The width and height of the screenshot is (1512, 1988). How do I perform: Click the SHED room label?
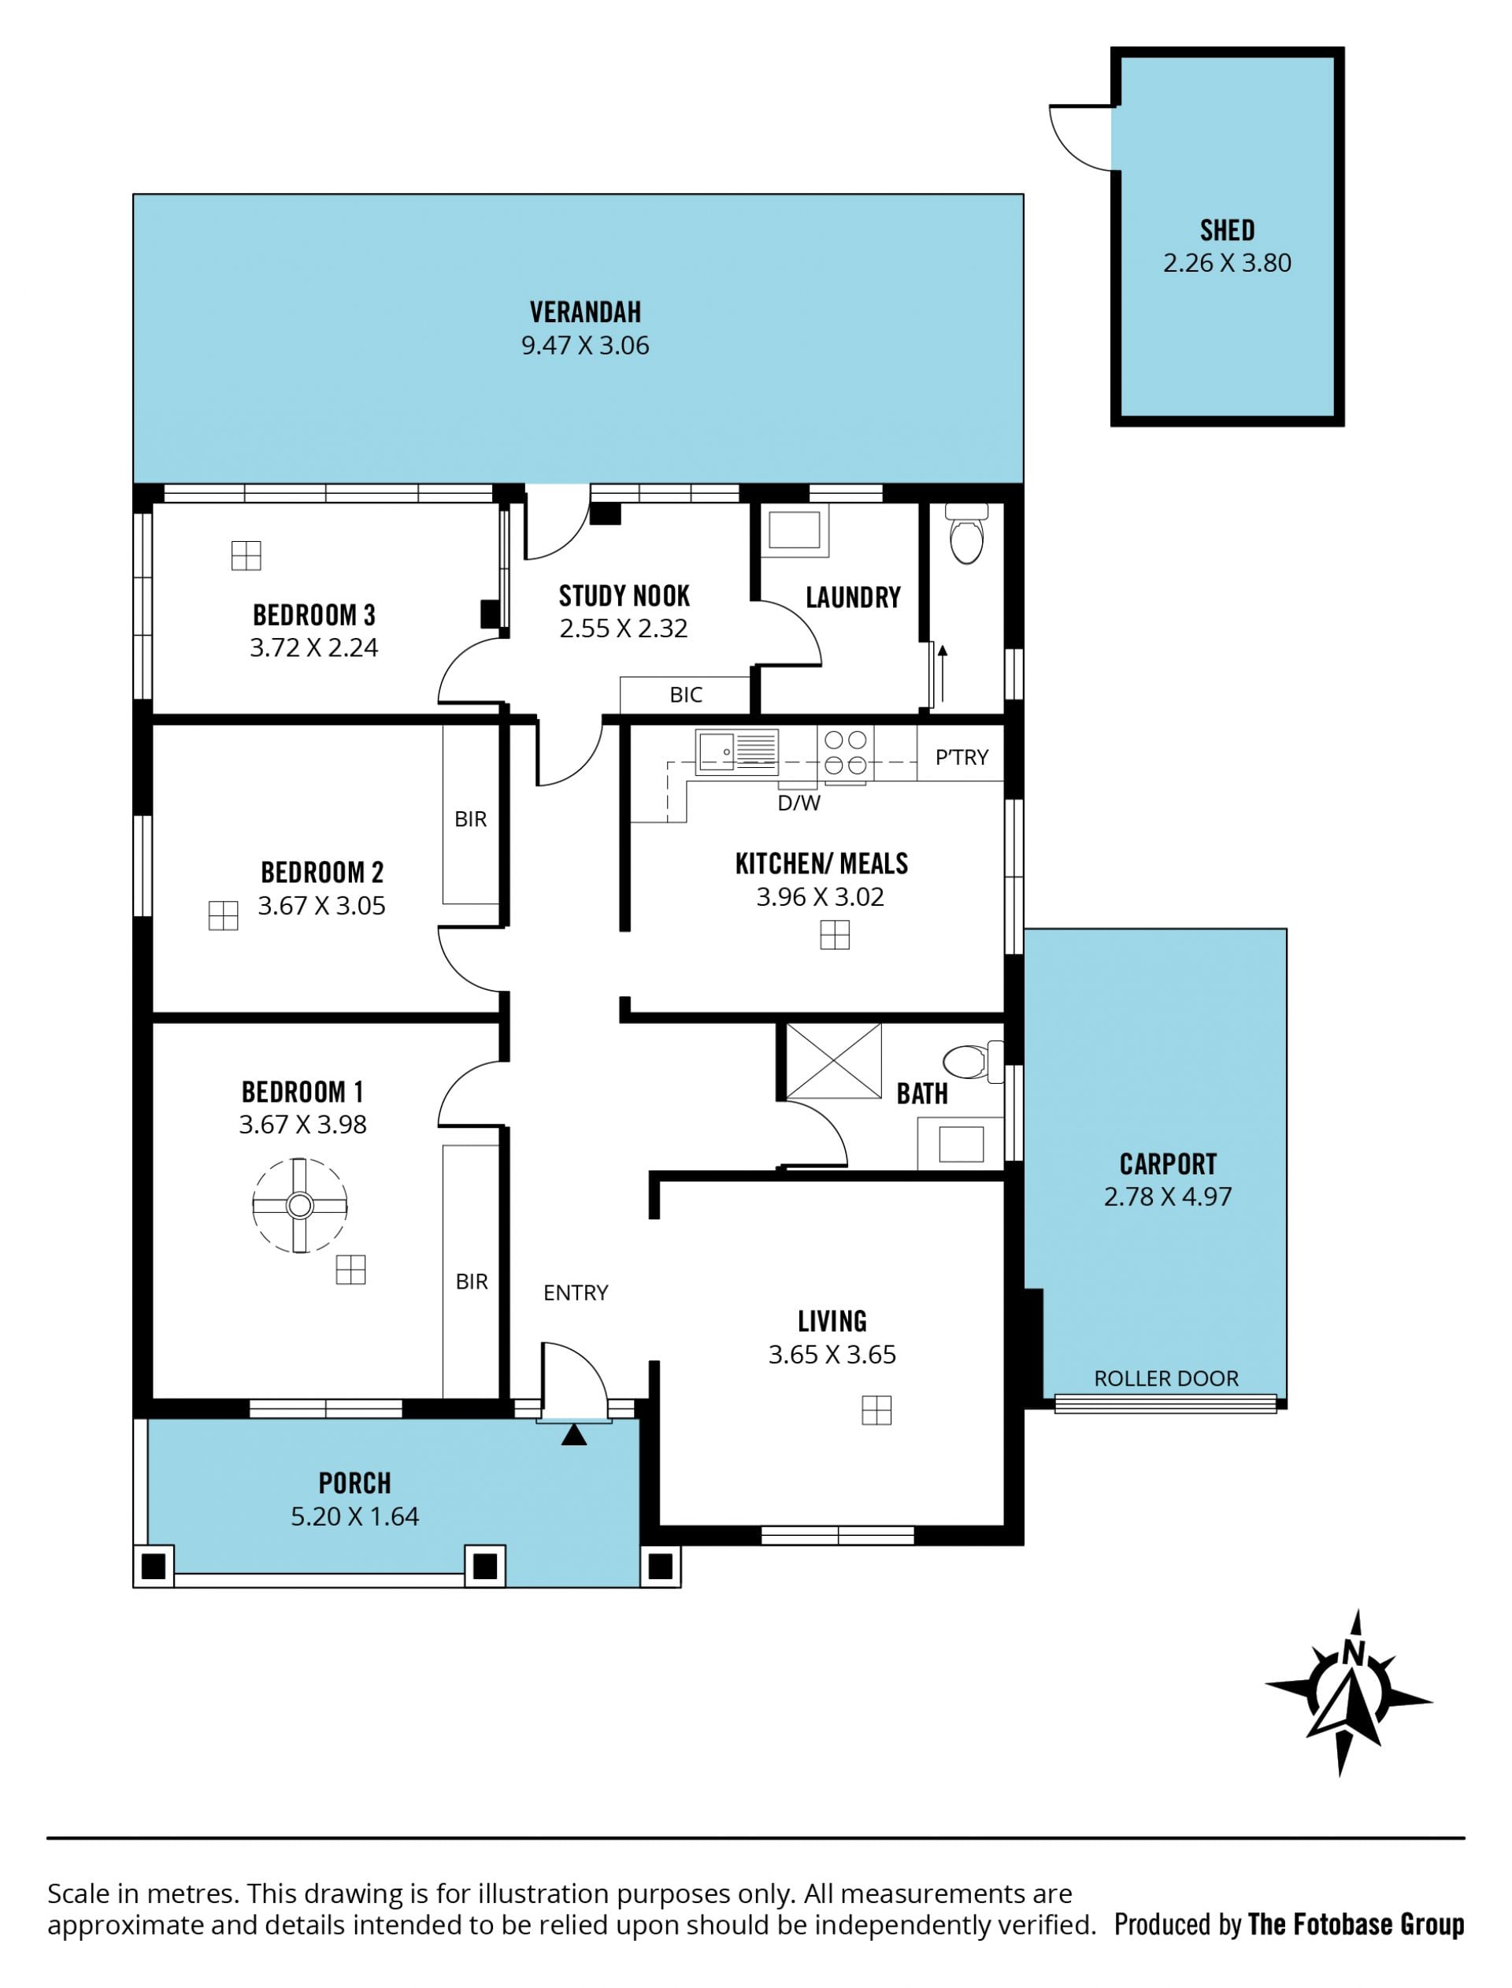point(1227,231)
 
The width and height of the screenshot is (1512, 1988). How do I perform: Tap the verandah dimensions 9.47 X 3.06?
point(585,346)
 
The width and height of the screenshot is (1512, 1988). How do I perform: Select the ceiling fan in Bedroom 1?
point(300,1205)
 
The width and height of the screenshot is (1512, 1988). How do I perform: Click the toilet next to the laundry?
point(966,532)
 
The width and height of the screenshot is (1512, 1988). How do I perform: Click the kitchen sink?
point(736,751)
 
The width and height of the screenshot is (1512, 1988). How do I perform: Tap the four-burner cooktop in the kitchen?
point(846,752)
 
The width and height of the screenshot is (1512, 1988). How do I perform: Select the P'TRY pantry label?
point(962,757)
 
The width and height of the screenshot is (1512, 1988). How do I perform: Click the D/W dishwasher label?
point(799,803)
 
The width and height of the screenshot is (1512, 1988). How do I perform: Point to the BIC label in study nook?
point(686,695)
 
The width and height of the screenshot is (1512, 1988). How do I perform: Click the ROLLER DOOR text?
point(1166,1378)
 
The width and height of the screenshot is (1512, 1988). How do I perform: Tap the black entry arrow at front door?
point(574,1434)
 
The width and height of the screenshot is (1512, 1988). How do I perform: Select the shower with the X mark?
point(834,1060)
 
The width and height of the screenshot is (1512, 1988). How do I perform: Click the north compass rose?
point(1349,1693)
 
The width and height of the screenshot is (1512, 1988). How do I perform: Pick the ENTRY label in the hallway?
point(576,1293)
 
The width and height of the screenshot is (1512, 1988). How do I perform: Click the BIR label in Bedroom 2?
point(471,819)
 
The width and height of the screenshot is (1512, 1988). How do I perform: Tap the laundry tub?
point(795,530)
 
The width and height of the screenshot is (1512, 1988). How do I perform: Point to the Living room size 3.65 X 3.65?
point(832,1355)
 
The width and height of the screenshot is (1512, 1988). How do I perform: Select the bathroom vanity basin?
point(960,1144)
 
